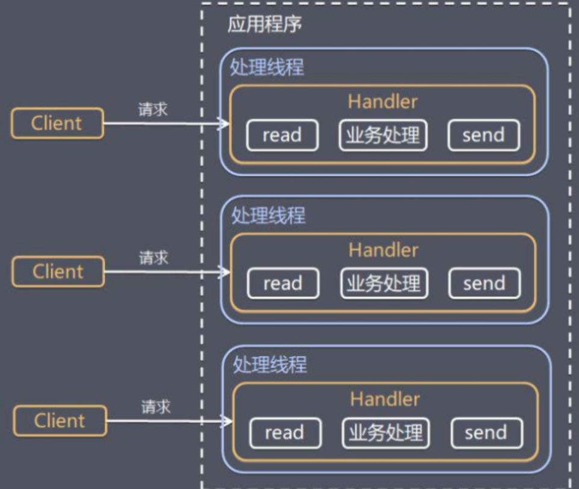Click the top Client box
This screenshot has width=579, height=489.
coord(57,123)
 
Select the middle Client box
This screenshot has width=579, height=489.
coord(58,272)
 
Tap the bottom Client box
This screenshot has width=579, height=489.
coord(60,420)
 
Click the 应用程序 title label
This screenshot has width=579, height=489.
coord(264,25)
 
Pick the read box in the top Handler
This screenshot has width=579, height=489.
coord(282,135)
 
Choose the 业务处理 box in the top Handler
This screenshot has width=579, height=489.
coord(382,135)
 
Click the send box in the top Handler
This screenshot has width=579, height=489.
coord(483,135)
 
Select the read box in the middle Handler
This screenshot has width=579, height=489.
coord(283,284)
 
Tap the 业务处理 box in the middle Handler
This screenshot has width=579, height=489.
coord(383,284)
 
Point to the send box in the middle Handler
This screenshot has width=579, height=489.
coord(484,284)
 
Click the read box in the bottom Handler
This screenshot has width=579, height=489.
coord(284,432)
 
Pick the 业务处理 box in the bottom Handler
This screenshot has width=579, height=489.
coord(385,432)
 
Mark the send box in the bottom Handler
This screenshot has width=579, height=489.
coord(486,432)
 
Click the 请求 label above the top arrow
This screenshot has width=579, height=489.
coord(153,109)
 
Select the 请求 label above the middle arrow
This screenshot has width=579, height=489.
coord(154,258)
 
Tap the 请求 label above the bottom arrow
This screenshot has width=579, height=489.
coord(156,406)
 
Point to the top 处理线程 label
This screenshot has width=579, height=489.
coord(267,67)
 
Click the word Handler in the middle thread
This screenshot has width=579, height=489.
coord(383,249)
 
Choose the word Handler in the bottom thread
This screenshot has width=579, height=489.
coord(385,399)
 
